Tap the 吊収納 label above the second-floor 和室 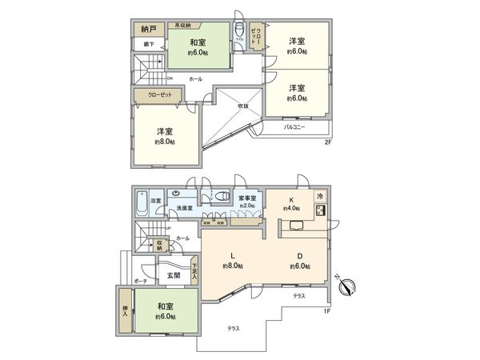(x=178, y=24)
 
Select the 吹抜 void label (x=243, y=106)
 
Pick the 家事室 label (x=246, y=196)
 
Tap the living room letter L (x=232, y=256)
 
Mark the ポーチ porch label (x=141, y=282)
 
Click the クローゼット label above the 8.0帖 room (x=158, y=95)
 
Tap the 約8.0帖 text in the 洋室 (x=166, y=141)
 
